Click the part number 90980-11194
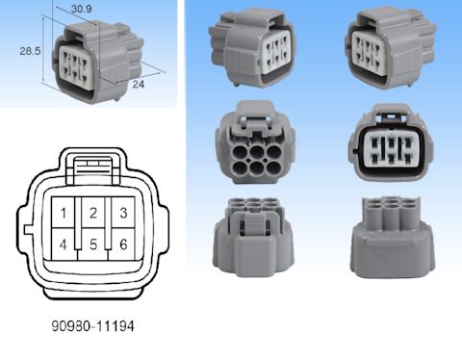[91, 326]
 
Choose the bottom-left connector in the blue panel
[252, 237]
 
